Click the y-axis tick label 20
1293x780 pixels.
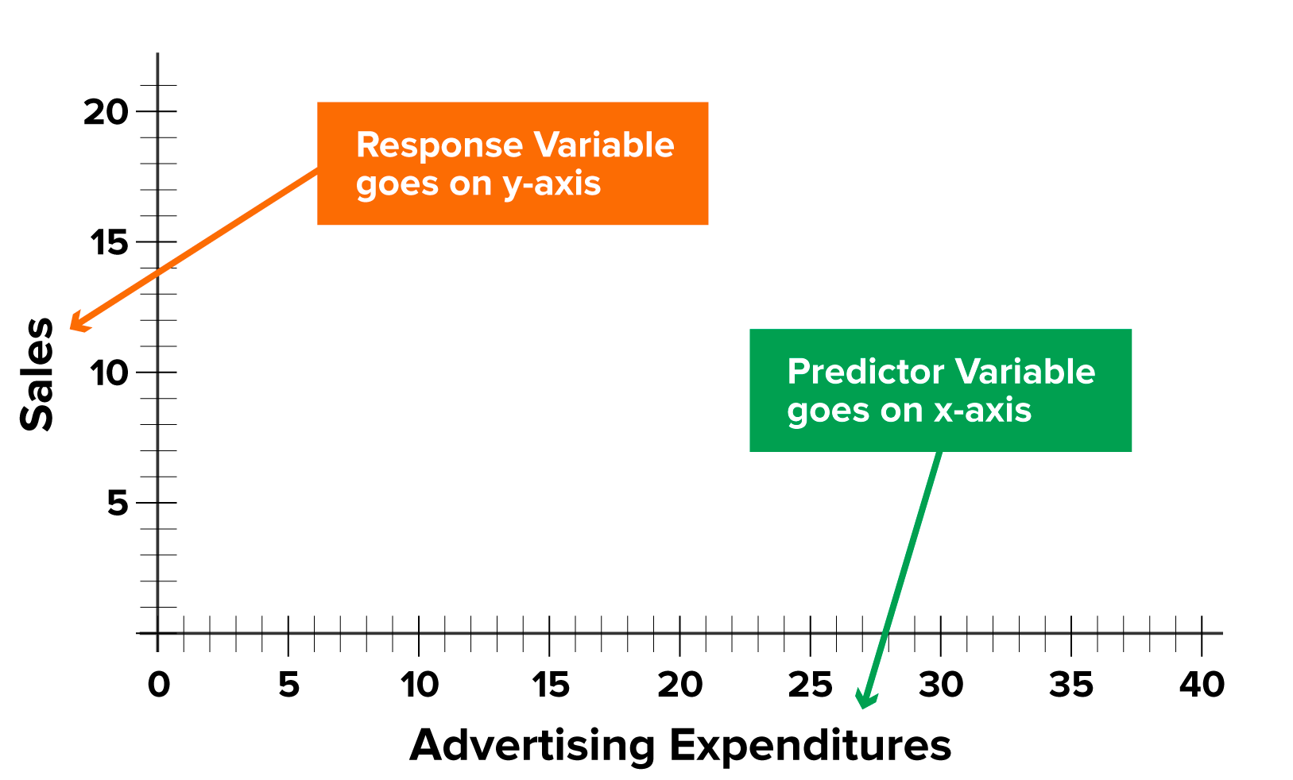(106, 112)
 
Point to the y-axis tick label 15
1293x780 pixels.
(108, 242)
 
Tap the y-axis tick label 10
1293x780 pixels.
(108, 373)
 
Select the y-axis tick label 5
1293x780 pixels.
(118, 503)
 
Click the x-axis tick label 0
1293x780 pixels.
(158, 685)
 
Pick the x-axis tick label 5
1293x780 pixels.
(288, 685)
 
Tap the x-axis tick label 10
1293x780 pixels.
(419, 685)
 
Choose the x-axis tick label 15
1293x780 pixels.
(550, 685)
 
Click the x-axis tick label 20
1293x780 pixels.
(679, 685)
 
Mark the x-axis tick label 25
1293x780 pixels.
(810, 685)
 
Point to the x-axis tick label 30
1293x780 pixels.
(941, 685)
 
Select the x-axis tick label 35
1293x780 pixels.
(1070, 685)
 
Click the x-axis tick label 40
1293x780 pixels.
(1202, 685)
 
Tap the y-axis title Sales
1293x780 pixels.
(37, 374)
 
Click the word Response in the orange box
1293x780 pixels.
(439, 145)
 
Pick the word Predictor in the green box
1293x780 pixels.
(865, 372)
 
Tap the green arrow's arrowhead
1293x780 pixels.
(864, 701)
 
